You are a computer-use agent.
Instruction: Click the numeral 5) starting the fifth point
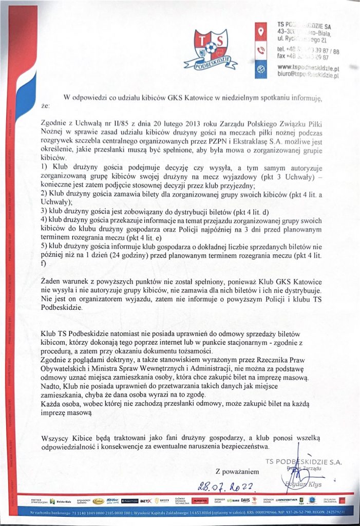tap(44, 246)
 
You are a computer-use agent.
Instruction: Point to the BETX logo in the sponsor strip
tap(145, 499)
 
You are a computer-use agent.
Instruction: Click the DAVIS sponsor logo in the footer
tap(244, 499)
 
